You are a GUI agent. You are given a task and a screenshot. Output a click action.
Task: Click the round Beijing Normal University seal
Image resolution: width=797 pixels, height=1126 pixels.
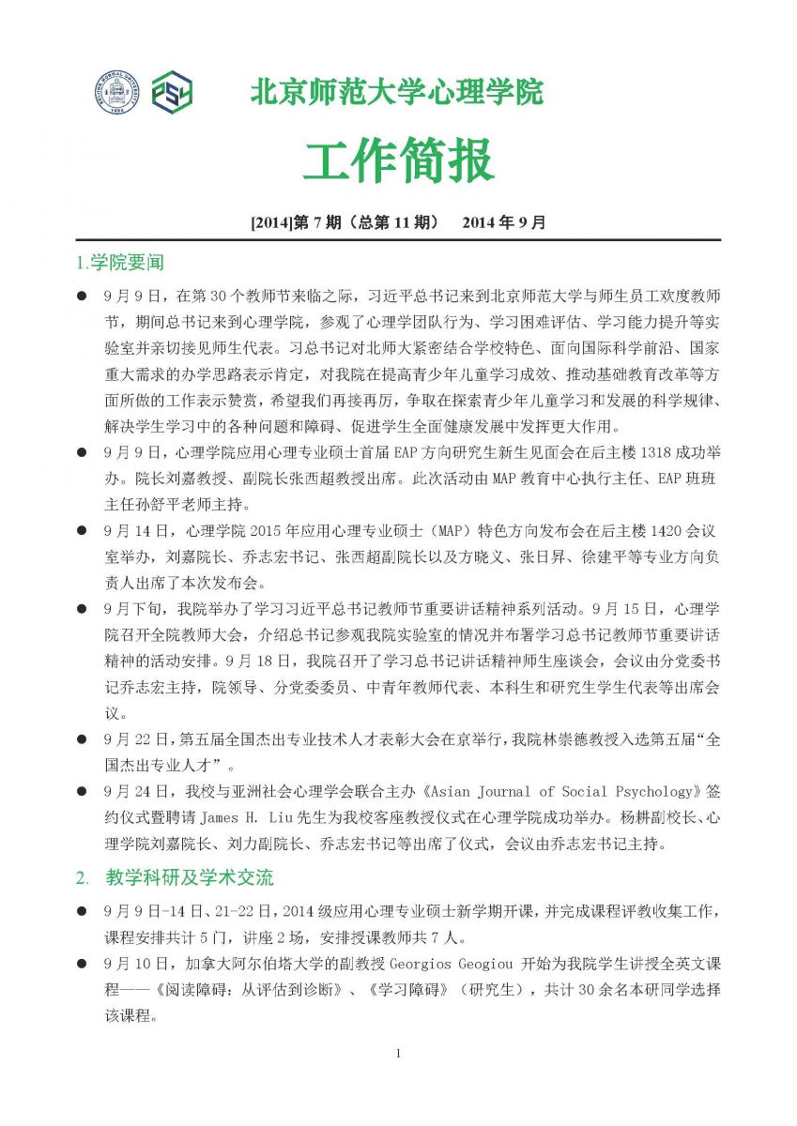click(116, 93)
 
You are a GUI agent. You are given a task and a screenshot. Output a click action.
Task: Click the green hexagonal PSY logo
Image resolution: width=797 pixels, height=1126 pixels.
click(172, 93)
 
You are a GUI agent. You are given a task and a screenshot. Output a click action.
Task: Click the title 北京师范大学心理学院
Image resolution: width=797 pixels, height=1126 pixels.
click(396, 93)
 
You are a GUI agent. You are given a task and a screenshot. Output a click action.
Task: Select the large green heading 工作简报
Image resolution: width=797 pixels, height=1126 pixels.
click(398, 160)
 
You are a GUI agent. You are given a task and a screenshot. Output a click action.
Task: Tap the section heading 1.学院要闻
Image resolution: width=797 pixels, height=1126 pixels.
click(119, 262)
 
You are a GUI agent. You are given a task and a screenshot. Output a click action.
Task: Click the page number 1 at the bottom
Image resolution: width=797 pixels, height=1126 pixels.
click(398, 1053)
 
